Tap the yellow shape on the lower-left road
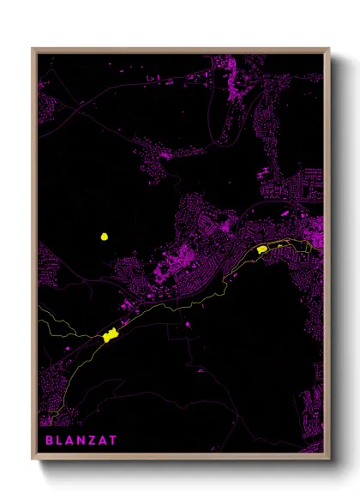(x=110, y=336)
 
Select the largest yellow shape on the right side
(x=261, y=249)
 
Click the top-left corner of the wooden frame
(x=33, y=50)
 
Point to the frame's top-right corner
(x=328, y=50)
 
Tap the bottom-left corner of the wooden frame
(x=33, y=459)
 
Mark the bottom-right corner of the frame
(x=328, y=459)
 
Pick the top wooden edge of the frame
(x=180, y=50)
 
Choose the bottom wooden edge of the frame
(x=180, y=459)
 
